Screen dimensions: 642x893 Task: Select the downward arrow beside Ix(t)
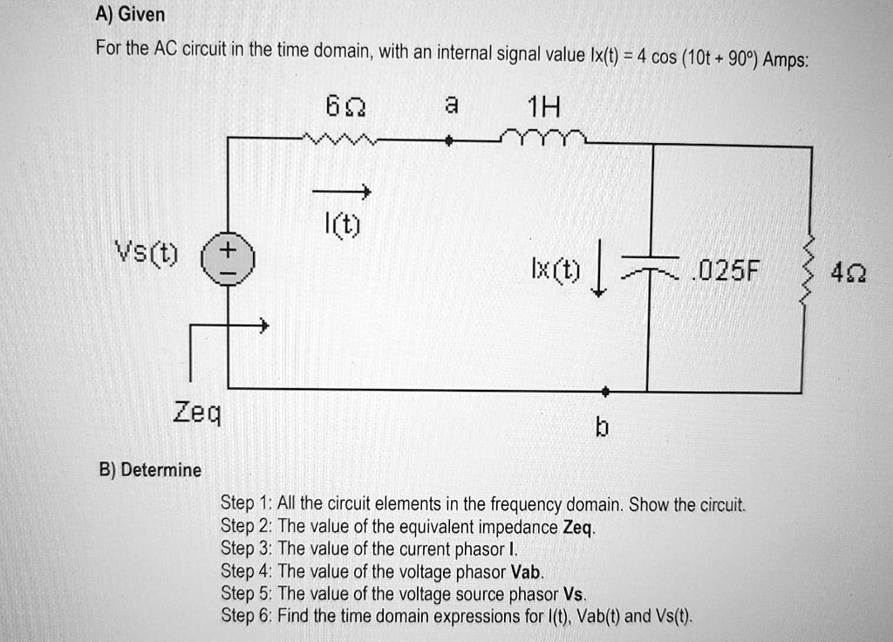597,279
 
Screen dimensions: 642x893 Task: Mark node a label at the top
449,104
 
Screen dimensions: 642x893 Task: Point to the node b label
602,427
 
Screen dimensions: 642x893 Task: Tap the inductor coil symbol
543,136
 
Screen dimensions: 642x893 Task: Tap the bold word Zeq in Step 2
579,528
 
